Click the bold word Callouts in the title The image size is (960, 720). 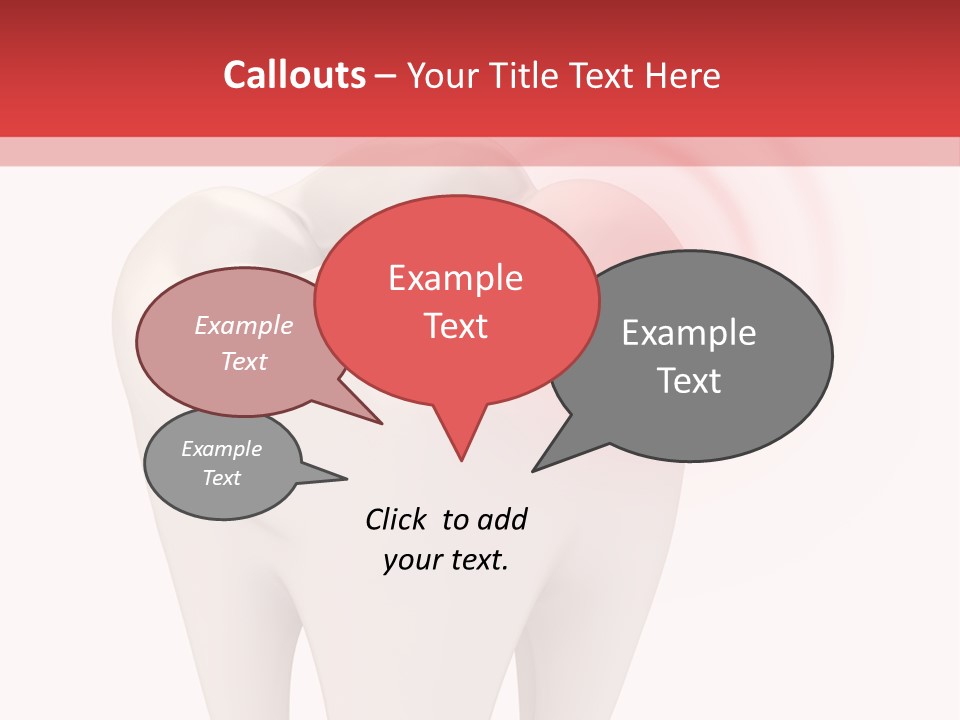[294, 75]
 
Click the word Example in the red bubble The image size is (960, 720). [455, 278]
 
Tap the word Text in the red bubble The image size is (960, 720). [455, 326]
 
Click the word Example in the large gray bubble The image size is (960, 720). [689, 333]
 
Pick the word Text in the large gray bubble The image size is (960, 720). [689, 381]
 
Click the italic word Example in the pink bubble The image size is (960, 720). [244, 326]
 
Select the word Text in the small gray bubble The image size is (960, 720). [222, 478]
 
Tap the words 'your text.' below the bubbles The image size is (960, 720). [446, 560]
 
